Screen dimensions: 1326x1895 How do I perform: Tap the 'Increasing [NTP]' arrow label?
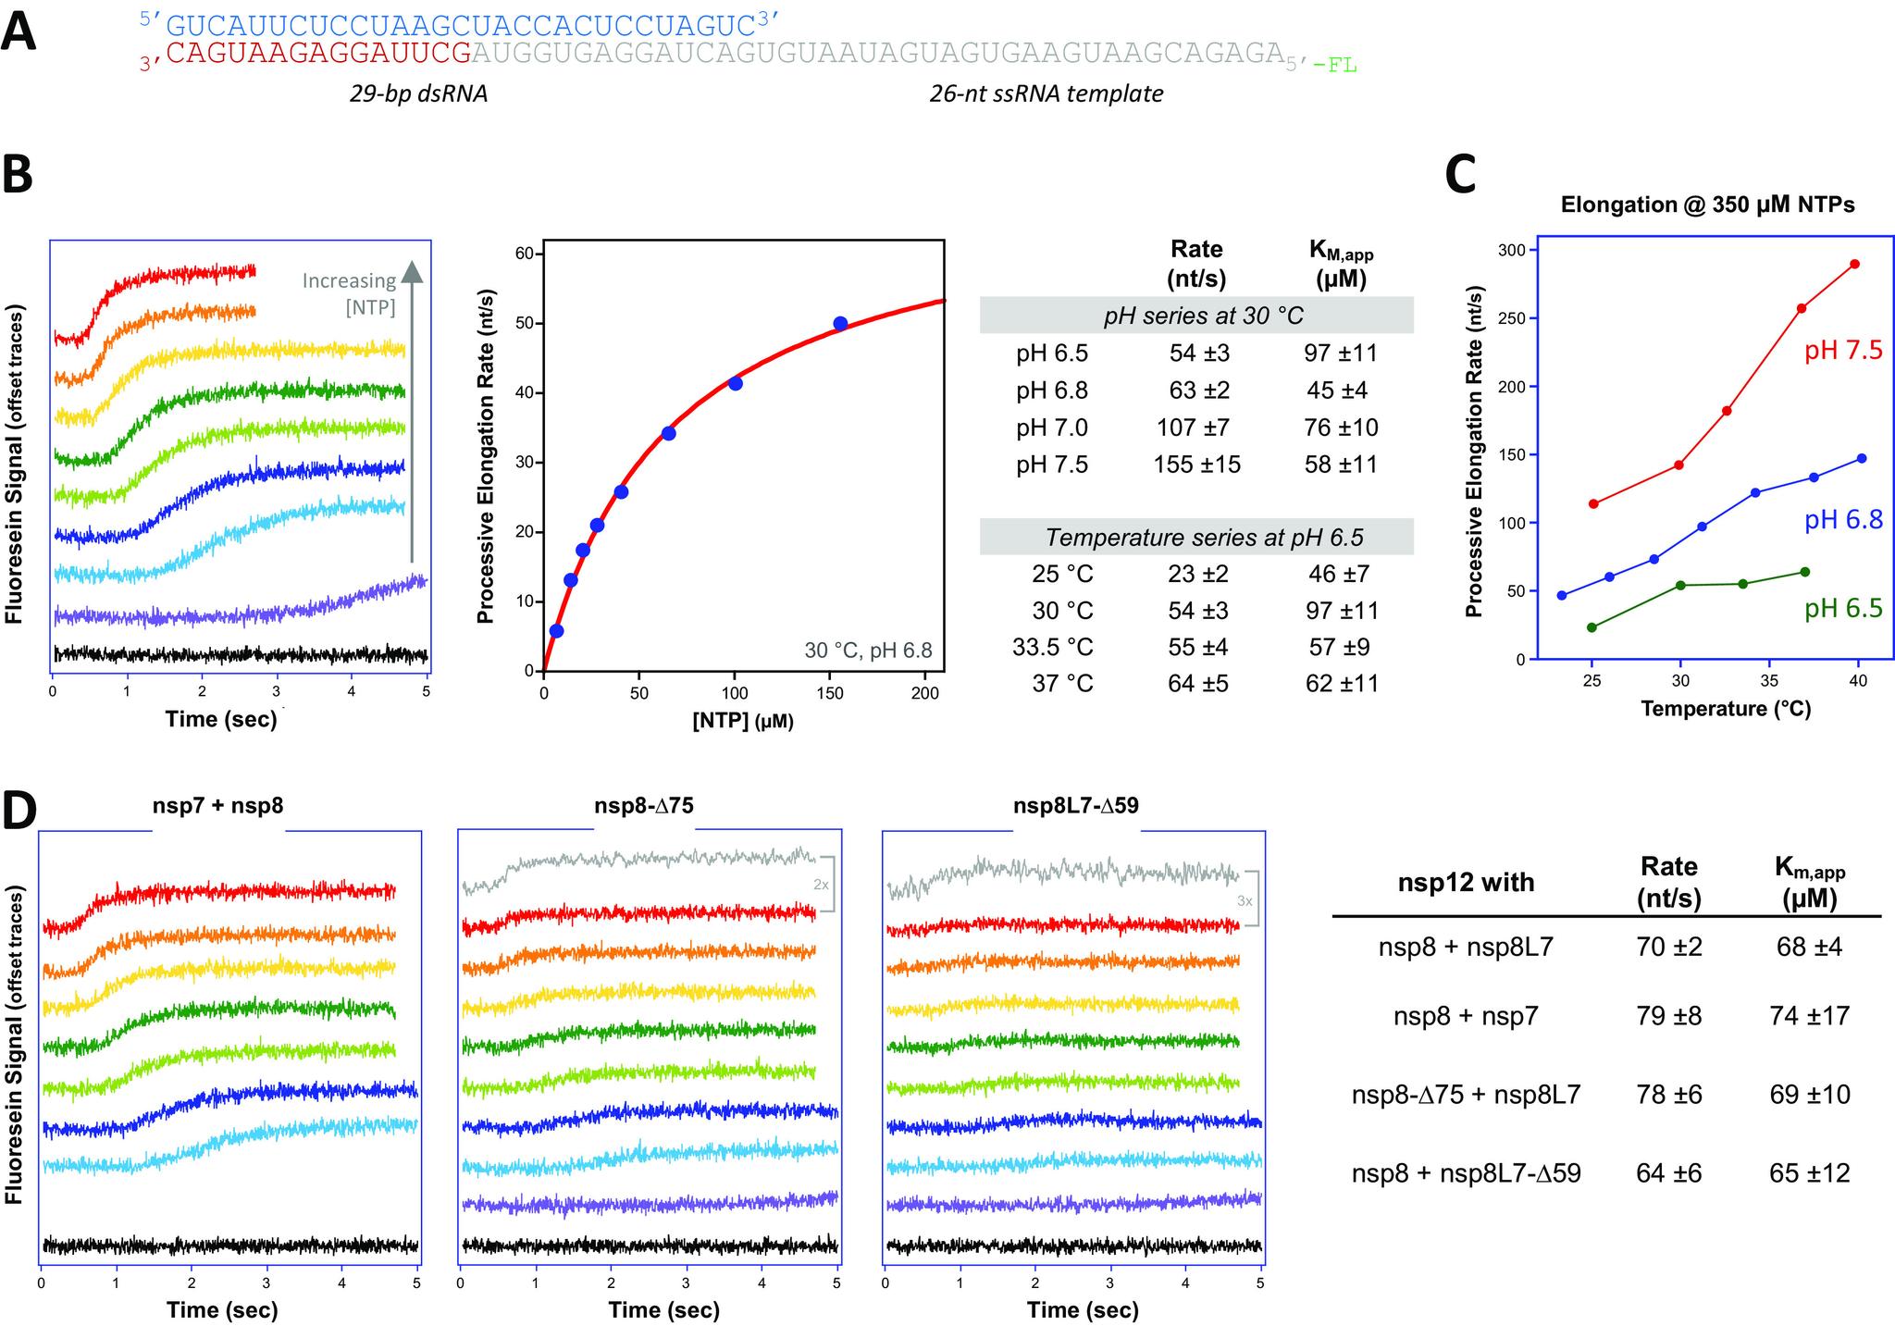[x=350, y=293]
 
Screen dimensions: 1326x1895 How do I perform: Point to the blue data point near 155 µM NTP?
[x=840, y=324]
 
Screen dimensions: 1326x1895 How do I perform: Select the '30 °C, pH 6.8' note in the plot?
[x=868, y=651]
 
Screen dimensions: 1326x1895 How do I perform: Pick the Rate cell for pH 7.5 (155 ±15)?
[x=1196, y=465]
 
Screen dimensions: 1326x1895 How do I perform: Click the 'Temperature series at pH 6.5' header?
[x=1196, y=538]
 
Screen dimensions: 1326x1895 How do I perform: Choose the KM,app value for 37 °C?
[x=1343, y=684]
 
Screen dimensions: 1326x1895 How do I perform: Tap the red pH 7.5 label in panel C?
[x=1843, y=351]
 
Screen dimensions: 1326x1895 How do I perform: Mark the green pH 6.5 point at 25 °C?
[x=1592, y=627]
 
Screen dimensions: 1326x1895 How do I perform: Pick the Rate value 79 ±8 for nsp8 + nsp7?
[x=1668, y=1016]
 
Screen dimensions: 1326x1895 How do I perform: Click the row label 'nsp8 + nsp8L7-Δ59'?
[x=1466, y=1173]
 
